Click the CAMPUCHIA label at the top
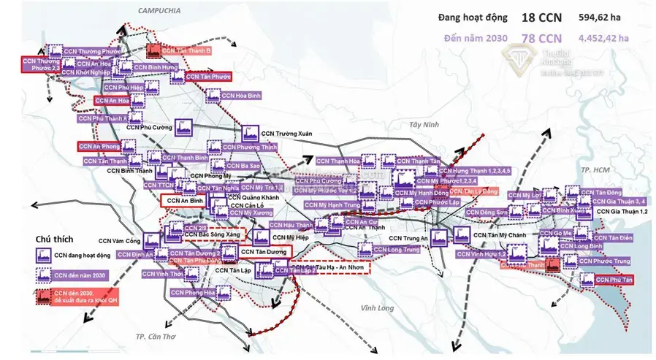160,9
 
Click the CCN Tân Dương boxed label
262,251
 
